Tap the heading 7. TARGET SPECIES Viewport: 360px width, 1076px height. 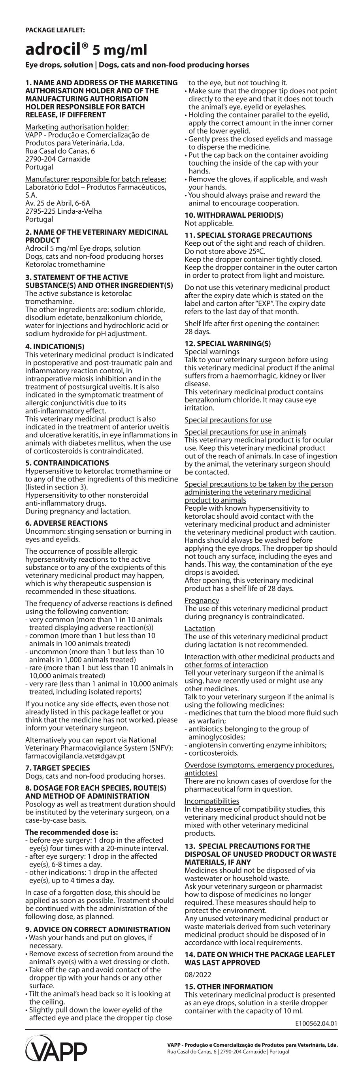click(x=58, y=768)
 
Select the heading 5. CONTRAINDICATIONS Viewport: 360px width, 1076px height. click(x=67, y=463)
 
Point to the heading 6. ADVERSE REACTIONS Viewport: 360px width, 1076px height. click(x=66, y=523)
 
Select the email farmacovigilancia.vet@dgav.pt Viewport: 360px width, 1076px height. click(x=75, y=756)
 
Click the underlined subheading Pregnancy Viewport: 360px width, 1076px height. click(x=202, y=600)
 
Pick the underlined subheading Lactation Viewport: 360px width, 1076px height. click(x=200, y=628)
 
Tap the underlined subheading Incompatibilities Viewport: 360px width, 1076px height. click(x=212, y=801)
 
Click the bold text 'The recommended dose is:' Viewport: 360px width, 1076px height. click(x=72, y=832)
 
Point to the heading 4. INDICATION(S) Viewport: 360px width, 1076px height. click(x=55, y=346)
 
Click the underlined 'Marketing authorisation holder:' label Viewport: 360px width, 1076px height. click(x=77, y=127)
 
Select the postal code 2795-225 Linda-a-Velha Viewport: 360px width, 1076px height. click(x=64, y=211)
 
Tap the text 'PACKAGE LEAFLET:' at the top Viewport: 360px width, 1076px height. click(x=55, y=30)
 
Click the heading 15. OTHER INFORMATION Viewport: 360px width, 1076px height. click(x=228, y=987)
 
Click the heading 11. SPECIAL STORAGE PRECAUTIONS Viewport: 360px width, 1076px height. click(x=248, y=235)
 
